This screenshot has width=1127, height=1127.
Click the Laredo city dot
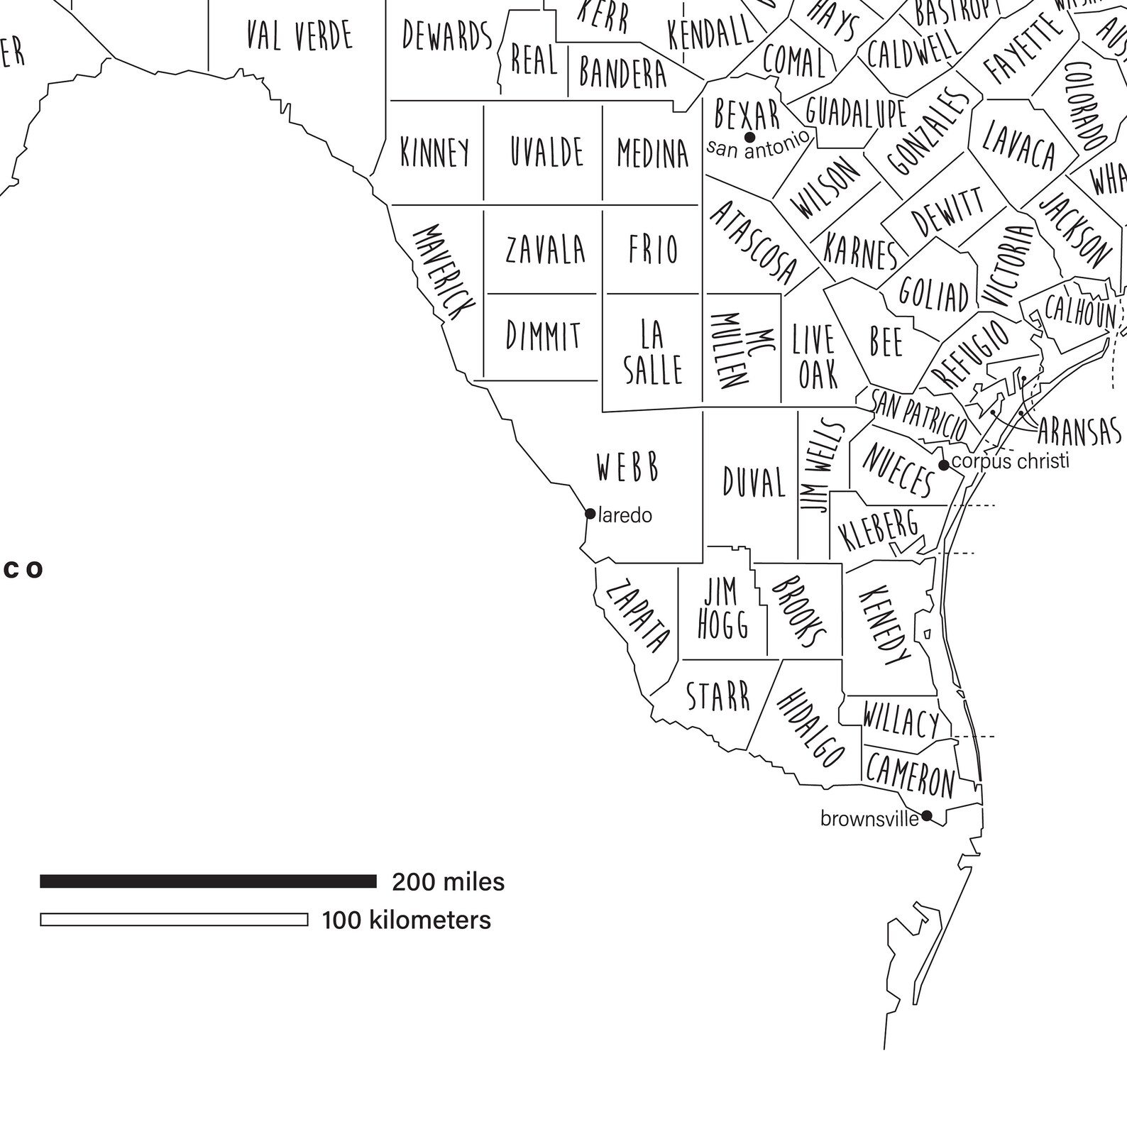click(590, 514)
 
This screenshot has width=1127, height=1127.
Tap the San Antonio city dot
click(749, 137)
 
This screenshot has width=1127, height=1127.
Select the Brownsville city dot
click(926, 815)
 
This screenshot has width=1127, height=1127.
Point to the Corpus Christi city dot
click(944, 466)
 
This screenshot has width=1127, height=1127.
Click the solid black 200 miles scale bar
click(208, 881)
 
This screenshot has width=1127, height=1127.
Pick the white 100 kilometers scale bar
click(174, 920)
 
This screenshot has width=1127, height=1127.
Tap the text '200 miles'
click(449, 882)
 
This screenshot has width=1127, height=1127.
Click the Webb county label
click(628, 468)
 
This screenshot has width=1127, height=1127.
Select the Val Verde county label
click(299, 35)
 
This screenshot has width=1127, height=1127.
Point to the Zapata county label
click(637, 616)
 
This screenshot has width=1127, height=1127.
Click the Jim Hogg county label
click(722, 609)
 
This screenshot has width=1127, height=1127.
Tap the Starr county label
click(718, 696)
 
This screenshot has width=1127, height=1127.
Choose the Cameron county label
click(911, 776)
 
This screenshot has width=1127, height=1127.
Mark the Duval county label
click(754, 483)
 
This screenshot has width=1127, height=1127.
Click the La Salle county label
click(653, 352)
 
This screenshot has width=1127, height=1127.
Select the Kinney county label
click(435, 152)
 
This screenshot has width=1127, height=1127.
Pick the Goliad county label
click(933, 293)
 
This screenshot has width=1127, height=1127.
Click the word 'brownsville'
click(869, 819)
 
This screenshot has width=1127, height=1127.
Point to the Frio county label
click(653, 249)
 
